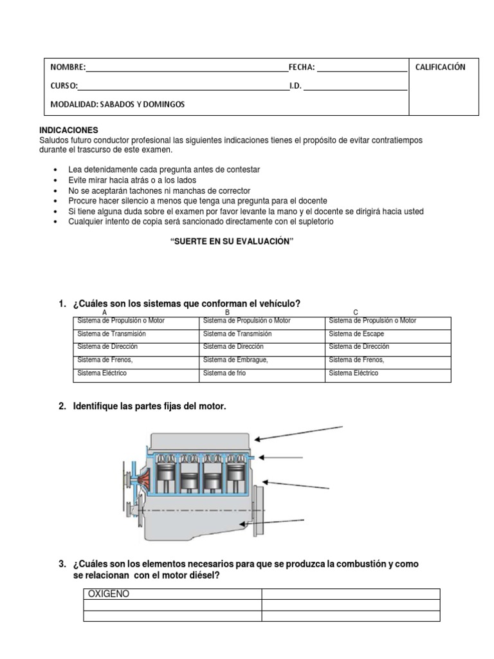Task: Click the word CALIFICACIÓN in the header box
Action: (440, 67)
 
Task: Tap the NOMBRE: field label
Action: (68, 67)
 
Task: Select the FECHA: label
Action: (301, 67)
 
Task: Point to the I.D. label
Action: (295, 85)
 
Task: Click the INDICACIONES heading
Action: (69, 130)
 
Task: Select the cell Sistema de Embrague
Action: (235, 360)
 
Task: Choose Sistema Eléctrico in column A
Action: (102, 373)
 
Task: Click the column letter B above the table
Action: (227, 312)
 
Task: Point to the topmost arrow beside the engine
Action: (298, 432)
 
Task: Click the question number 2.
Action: (62, 407)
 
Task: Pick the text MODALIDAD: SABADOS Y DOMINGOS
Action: (117, 104)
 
